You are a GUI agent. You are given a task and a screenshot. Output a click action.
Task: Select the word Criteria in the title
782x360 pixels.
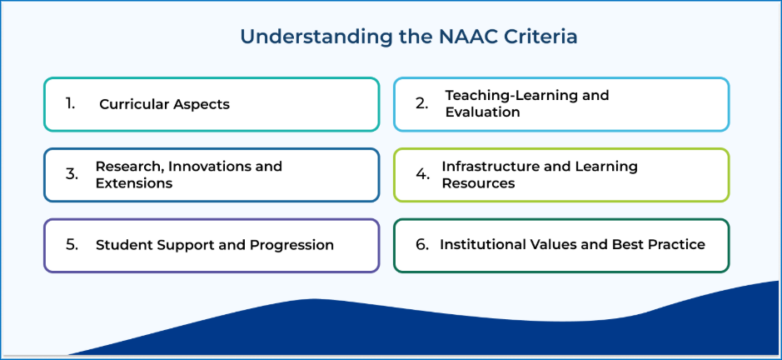540,37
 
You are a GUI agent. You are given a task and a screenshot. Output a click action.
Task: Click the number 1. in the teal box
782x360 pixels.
70,103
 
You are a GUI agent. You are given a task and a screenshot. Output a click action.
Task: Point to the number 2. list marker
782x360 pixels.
422,104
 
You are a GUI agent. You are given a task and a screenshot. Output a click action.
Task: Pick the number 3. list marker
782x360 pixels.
72,174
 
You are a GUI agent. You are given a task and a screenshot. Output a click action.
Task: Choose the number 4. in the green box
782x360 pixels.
423,174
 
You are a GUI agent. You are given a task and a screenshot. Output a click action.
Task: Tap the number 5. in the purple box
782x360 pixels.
72,245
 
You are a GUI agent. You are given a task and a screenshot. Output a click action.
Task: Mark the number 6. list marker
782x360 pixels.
422,245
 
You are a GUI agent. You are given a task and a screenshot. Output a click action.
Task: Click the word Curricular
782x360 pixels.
134,104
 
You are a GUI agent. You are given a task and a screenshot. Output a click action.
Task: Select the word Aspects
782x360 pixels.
202,105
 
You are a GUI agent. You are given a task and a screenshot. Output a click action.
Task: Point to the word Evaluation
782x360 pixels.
483,112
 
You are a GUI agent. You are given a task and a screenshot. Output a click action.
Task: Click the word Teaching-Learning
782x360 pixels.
508,96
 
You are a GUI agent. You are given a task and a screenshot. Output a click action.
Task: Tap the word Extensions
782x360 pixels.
134,183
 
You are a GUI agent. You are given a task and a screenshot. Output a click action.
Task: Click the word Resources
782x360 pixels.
478,183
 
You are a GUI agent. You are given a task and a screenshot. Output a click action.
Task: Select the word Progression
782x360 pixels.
291,246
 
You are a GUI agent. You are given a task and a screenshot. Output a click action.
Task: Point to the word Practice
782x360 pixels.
676,245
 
